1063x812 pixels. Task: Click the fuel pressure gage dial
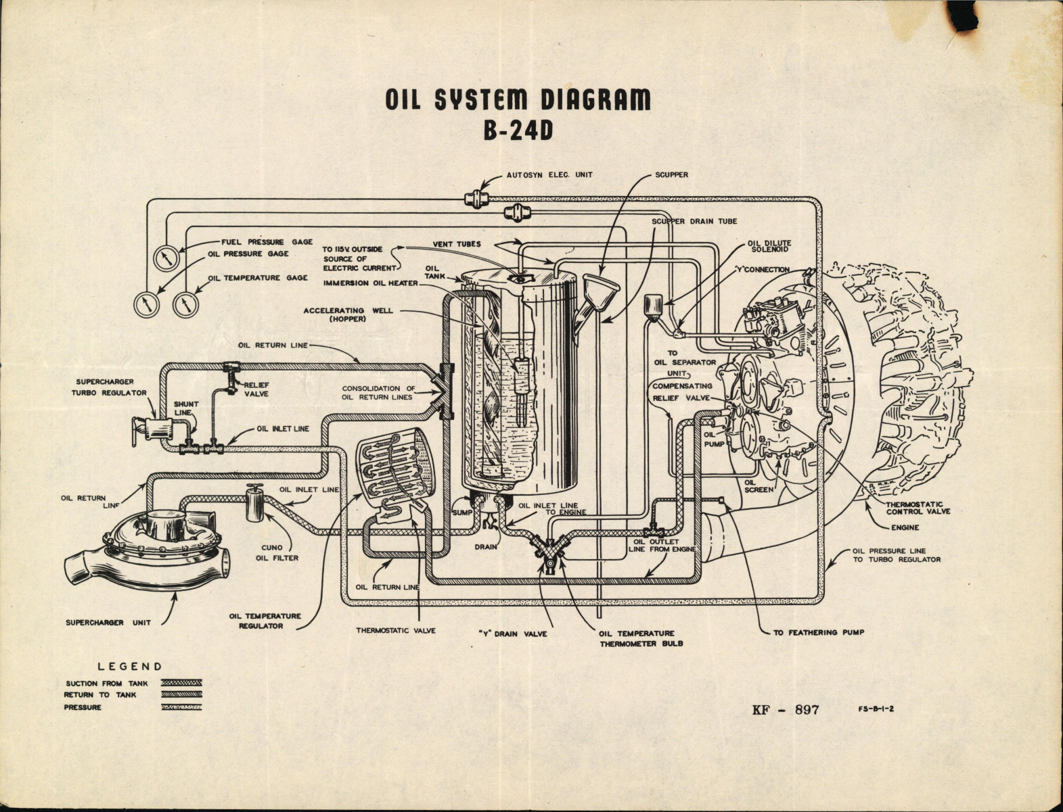click(x=166, y=258)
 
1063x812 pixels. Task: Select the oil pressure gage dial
click(x=145, y=304)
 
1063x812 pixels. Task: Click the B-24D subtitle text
click(x=518, y=130)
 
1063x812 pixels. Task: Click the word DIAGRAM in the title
click(x=595, y=99)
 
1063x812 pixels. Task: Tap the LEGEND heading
click(x=130, y=666)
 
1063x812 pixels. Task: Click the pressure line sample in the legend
click(x=181, y=707)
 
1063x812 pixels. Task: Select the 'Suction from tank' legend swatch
click(x=181, y=683)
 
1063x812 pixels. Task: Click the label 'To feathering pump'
click(x=819, y=632)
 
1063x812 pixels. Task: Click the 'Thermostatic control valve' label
click(x=918, y=508)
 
